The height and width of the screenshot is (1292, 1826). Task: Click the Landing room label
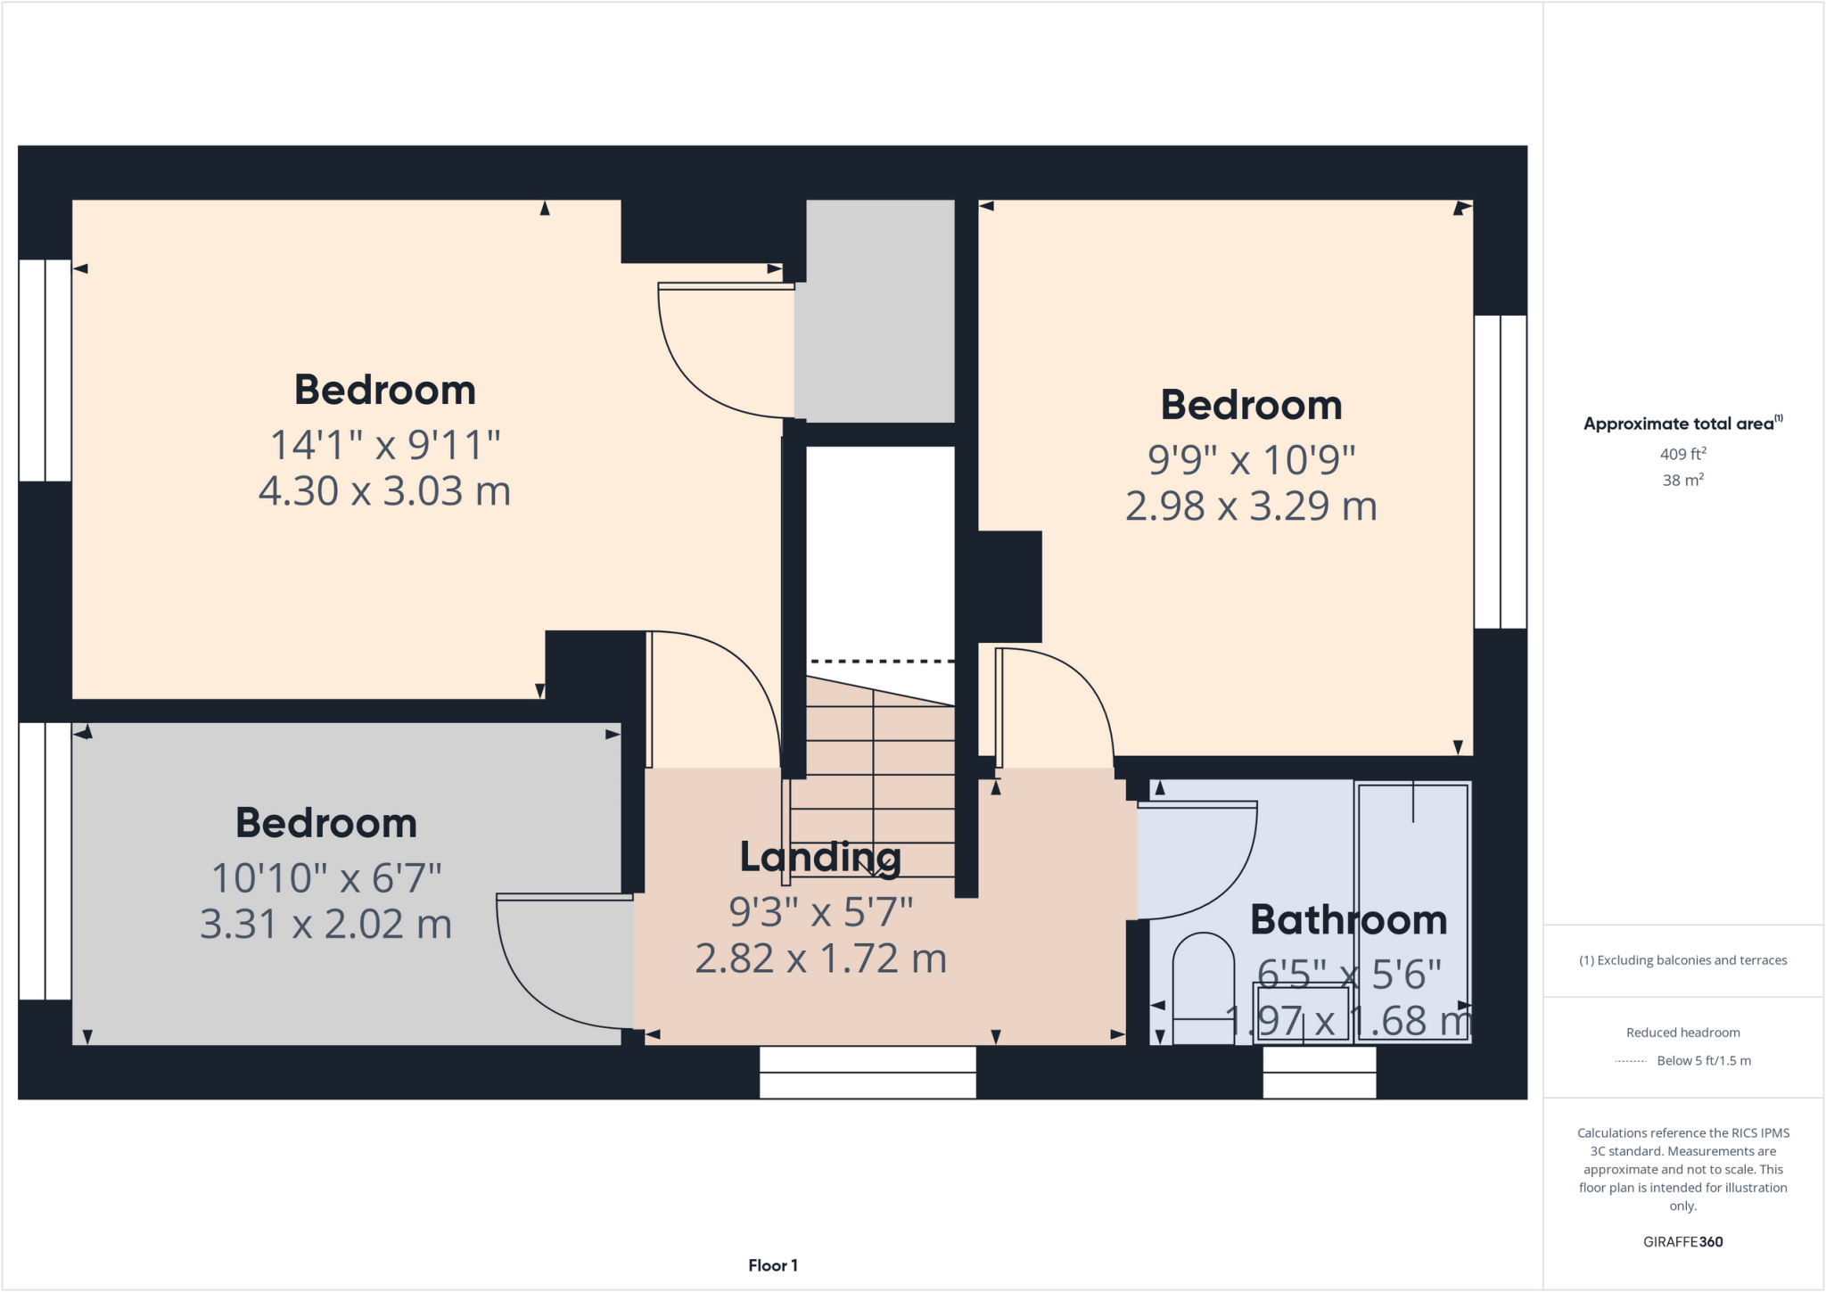tap(820, 857)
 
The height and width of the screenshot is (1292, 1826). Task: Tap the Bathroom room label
tap(1348, 919)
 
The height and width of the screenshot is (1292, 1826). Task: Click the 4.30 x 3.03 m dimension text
tap(384, 491)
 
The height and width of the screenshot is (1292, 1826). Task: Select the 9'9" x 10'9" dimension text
tap(1251, 460)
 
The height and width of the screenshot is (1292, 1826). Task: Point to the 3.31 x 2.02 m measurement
tap(325, 924)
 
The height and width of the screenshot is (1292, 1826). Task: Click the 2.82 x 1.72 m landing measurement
tap(820, 959)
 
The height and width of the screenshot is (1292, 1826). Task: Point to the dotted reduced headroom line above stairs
tap(881, 661)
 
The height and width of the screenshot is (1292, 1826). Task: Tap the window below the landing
tap(868, 1072)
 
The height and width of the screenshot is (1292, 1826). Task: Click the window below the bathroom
tap(1320, 1072)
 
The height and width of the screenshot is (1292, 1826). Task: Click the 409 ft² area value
tap(1682, 454)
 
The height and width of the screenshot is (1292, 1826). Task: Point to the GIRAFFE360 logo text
tap(1682, 1241)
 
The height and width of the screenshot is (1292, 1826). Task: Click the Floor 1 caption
tap(772, 1265)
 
